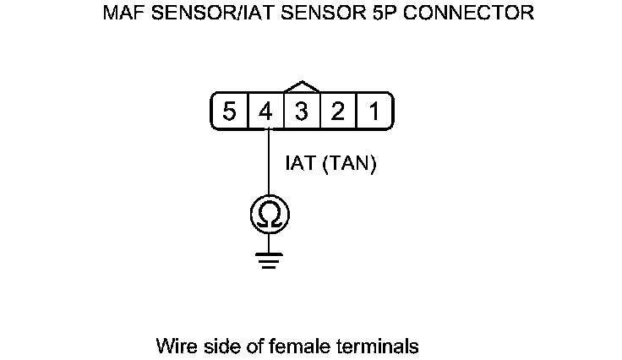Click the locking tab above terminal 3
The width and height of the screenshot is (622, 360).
[x=303, y=87]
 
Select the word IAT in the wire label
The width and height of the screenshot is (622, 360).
[x=301, y=164]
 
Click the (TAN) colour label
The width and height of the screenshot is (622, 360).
[x=348, y=164]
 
